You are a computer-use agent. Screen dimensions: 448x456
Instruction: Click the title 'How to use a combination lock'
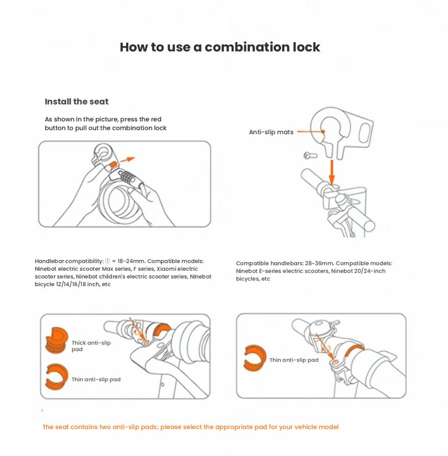coord(220,47)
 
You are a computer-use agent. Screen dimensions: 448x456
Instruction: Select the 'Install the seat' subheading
coord(77,101)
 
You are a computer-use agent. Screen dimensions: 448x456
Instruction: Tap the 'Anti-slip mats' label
coord(271,132)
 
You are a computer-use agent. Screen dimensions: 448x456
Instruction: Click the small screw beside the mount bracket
coord(310,155)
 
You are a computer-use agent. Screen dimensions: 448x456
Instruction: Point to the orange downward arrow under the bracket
coord(332,172)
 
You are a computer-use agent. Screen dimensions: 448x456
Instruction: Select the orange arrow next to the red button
coord(128,159)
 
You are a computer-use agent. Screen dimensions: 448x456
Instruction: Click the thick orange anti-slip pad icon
coord(57,340)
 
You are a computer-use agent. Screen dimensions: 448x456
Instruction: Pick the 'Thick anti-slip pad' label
coord(91,346)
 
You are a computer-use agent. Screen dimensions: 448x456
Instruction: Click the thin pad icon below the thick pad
coord(57,377)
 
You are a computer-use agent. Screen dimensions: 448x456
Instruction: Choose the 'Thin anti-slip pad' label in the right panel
coord(294,360)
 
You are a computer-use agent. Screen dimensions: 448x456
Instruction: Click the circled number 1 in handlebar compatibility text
coord(108,261)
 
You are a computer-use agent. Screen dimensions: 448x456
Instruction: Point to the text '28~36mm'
coord(320,263)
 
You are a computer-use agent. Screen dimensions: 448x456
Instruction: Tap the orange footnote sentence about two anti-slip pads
coord(190,427)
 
